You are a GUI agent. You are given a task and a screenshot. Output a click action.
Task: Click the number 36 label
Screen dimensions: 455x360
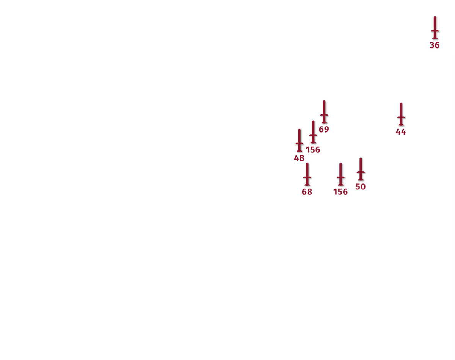[435, 45]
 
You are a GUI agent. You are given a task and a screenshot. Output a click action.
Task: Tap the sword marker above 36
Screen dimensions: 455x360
[435, 28]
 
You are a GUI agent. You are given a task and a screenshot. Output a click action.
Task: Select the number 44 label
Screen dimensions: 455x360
[401, 132]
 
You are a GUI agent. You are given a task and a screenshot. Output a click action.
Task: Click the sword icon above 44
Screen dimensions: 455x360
[401, 114]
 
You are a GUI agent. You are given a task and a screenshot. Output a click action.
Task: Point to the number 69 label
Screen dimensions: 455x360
[324, 129]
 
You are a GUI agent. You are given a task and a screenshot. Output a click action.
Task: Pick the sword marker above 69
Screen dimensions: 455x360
[324, 112]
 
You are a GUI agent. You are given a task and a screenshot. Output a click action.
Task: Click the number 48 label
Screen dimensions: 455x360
[299, 158]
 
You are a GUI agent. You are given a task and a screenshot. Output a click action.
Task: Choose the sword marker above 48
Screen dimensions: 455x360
[300, 141]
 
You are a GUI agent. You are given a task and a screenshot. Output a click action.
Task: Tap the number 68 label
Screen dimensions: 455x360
[307, 192]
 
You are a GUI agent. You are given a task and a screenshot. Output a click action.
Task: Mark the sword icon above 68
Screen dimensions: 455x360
[307, 174]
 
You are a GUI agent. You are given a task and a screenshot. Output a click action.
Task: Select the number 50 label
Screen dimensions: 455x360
[361, 187]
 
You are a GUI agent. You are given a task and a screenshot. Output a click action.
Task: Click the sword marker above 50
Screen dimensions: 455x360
[361, 169]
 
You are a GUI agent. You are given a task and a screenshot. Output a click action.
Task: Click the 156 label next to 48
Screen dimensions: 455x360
[313, 150]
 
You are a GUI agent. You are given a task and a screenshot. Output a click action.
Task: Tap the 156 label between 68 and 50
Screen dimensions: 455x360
[340, 192]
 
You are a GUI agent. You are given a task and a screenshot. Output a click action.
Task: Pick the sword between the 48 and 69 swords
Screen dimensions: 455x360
[313, 132]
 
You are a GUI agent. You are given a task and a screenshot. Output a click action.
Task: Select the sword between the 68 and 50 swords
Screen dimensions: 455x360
[340, 174]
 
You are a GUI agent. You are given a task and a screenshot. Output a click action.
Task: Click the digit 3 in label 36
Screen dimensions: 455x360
[432, 45]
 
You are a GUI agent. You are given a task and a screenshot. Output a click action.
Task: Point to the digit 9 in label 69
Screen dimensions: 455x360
[327, 129]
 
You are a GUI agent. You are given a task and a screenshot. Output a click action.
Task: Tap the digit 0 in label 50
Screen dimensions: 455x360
[363, 187]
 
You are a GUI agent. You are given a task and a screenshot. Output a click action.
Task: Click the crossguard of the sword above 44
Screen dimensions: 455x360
[401, 117]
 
